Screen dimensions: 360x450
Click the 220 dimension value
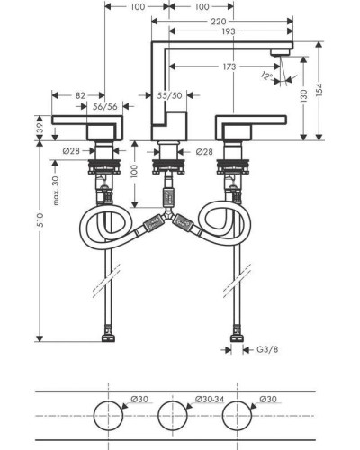pos(219,22)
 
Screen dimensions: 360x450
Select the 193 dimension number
pos(229,31)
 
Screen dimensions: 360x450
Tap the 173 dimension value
pos(229,67)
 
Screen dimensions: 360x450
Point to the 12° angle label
pos(266,76)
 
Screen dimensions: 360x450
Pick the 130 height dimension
pos(303,95)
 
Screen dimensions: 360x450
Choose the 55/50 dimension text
pos(170,95)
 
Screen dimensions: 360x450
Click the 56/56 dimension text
pos(105,106)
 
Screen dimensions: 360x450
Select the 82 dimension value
pos(80,95)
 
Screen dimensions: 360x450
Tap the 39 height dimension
pos(40,128)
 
